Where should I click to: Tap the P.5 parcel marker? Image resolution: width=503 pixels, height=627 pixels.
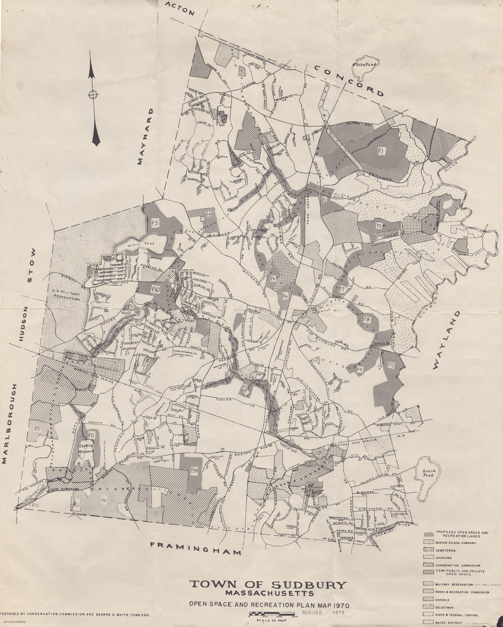pyautogui.click(x=155, y=223)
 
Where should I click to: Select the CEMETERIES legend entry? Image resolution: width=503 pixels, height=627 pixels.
pyautogui.click(x=445, y=550)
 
